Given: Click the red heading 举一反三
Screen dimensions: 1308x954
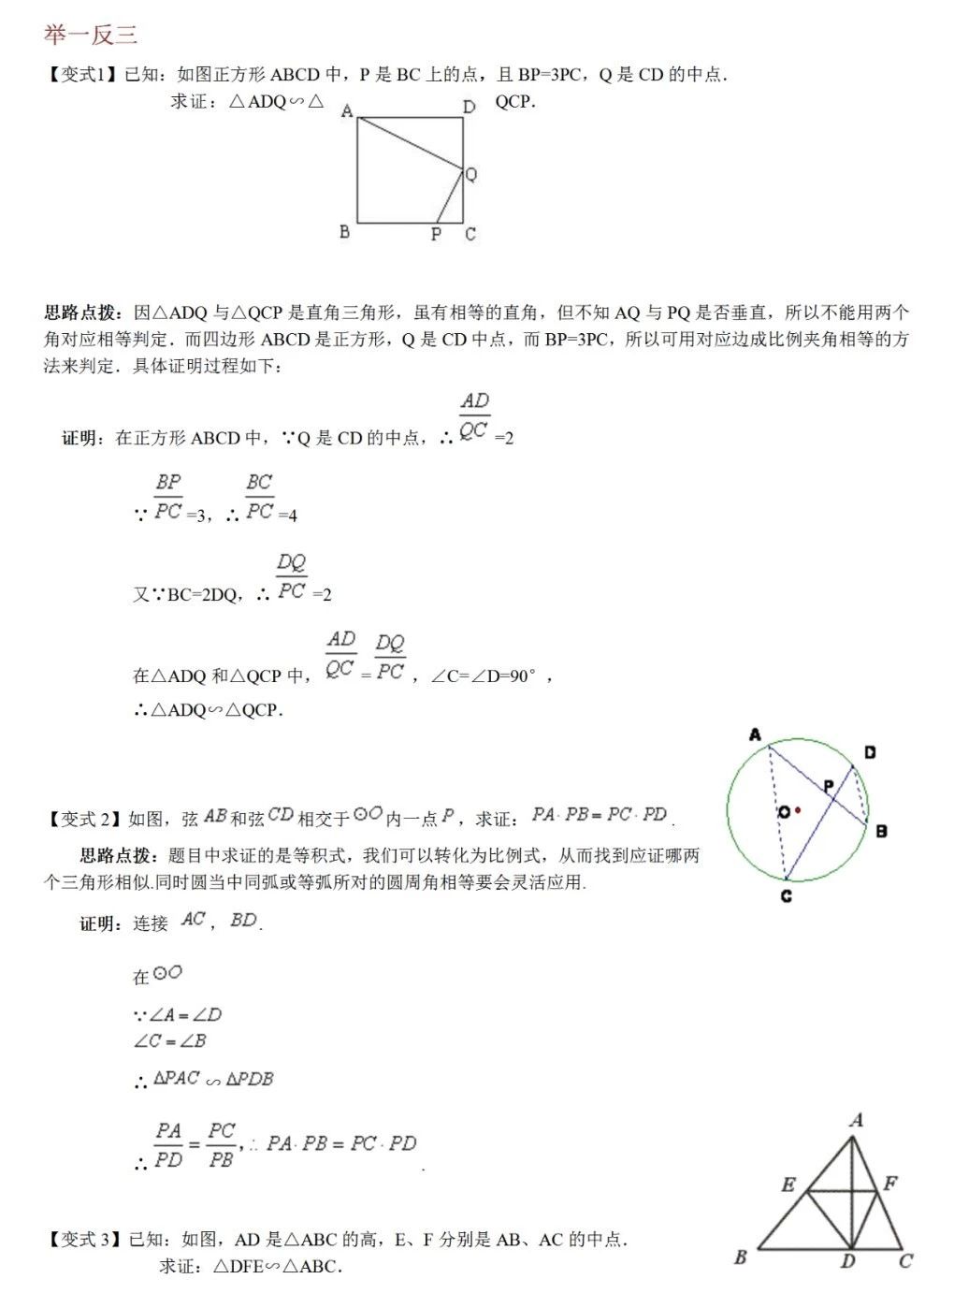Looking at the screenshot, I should click(91, 35).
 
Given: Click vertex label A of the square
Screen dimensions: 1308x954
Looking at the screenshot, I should click(347, 111).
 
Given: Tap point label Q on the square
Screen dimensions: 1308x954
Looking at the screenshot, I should click(471, 174).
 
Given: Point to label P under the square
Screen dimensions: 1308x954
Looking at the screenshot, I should click(436, 234).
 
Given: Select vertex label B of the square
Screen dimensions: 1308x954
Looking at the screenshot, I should click(344, 231).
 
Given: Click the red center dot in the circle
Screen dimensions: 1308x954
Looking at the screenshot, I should click(797, 810).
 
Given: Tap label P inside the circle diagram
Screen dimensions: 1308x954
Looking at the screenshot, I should click(828, 786).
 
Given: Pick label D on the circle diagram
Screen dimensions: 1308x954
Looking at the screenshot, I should click(870, 752).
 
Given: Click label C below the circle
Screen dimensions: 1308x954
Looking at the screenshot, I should click(786, 895).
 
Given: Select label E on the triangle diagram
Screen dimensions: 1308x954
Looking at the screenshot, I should click(788, 1184).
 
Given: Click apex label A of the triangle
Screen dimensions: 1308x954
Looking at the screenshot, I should click(856, 1119).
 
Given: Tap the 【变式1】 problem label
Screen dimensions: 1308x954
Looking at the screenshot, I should click(81, 75).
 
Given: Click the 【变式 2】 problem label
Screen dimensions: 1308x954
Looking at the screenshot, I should click(83, 820).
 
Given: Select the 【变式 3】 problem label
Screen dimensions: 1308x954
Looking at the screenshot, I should click(83, 1240).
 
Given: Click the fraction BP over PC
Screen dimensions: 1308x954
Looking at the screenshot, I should click(168, 497).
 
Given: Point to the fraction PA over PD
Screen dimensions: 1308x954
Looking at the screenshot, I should click(168, 1145).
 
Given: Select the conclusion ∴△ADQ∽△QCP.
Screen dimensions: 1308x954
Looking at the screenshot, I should click(208, 710).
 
